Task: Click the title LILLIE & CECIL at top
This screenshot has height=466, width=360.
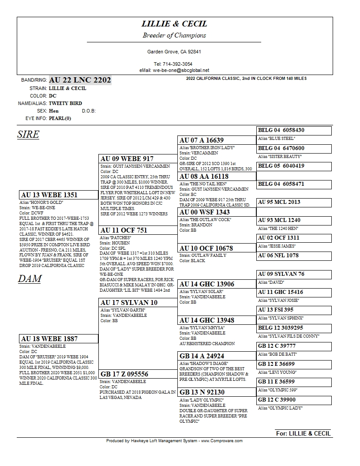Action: (174, 24)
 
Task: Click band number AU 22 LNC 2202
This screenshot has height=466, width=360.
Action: (80, 80)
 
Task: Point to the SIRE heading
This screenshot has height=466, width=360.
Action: (28, 135)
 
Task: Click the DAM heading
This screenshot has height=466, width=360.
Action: (30, 278)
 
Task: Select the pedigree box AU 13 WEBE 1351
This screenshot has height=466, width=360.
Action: (58, 195)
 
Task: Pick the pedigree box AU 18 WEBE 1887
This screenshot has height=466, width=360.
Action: (58, 339)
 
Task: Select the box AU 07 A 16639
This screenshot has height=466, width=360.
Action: (217, 140)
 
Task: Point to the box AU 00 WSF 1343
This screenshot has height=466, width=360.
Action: (217, 212)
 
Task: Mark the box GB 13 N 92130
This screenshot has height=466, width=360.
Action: (217, 392)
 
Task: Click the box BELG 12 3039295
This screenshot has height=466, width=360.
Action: (294, 328)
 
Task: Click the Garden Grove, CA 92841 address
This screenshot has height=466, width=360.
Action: (174, 52)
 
